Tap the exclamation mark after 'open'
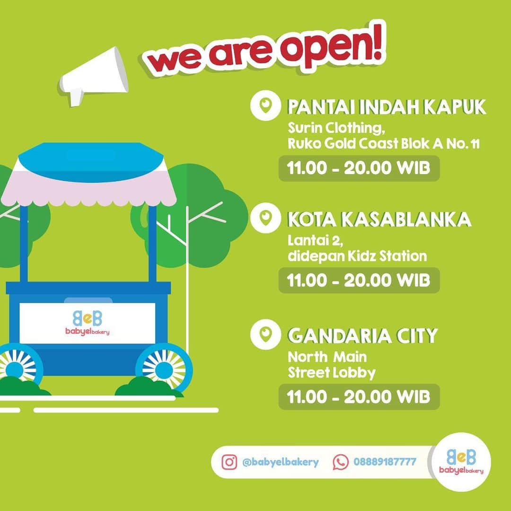pyautogui.click(x=378, y=43)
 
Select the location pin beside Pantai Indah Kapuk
pyautogui.click(x=265, y=106)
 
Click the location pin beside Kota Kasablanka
pyautogui.click(x=265, y=218)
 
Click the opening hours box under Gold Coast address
pyautogui.click(x=359, y=168)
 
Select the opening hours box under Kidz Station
pyautogui.click(x=359, y=280)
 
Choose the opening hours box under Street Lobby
pyautogui.click(x=359, y=396)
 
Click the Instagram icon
pyautogui.click(x=229, y=462)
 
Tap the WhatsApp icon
pyautogui.click(x=340, y=462)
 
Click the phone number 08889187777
pyautogui.click(x=385, y=462)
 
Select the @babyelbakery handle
pyautogui.click(x=280, y=462)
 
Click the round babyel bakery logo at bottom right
pyautogui.click(x=461, y=461)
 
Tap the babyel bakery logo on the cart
pyautogui.click(x=88, y=323)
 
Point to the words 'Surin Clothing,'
pyautogui.click(x=336, y=128)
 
